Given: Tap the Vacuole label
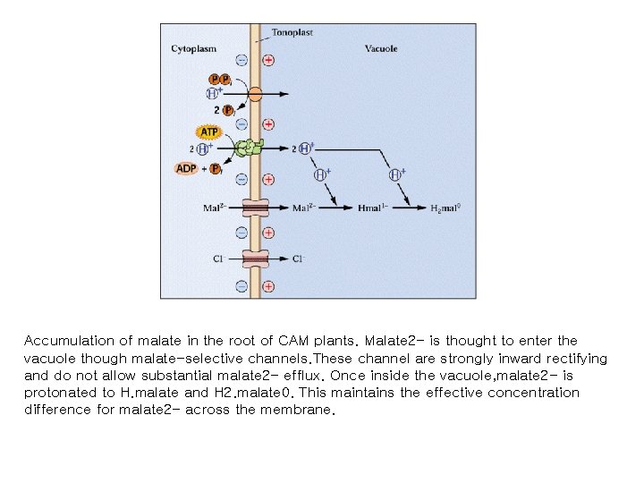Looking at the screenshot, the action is [381, 48].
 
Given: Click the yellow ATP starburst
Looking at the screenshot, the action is [208, 132].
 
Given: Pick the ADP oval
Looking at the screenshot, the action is [187, 168].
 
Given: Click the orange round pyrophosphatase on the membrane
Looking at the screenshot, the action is [255, 93].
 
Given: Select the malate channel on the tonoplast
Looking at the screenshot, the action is [255, 208].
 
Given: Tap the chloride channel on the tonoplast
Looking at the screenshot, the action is [255, 258].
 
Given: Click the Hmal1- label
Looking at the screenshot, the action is [370, 209].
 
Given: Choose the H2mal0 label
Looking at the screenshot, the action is [445, 209].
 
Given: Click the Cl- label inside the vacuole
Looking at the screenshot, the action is [299, 259].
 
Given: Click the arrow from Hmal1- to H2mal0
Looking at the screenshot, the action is [407, 208].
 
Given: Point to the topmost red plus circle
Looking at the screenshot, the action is [268, 60].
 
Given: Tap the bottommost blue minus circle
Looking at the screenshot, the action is [241, 286].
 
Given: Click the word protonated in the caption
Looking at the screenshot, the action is [59, 393].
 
